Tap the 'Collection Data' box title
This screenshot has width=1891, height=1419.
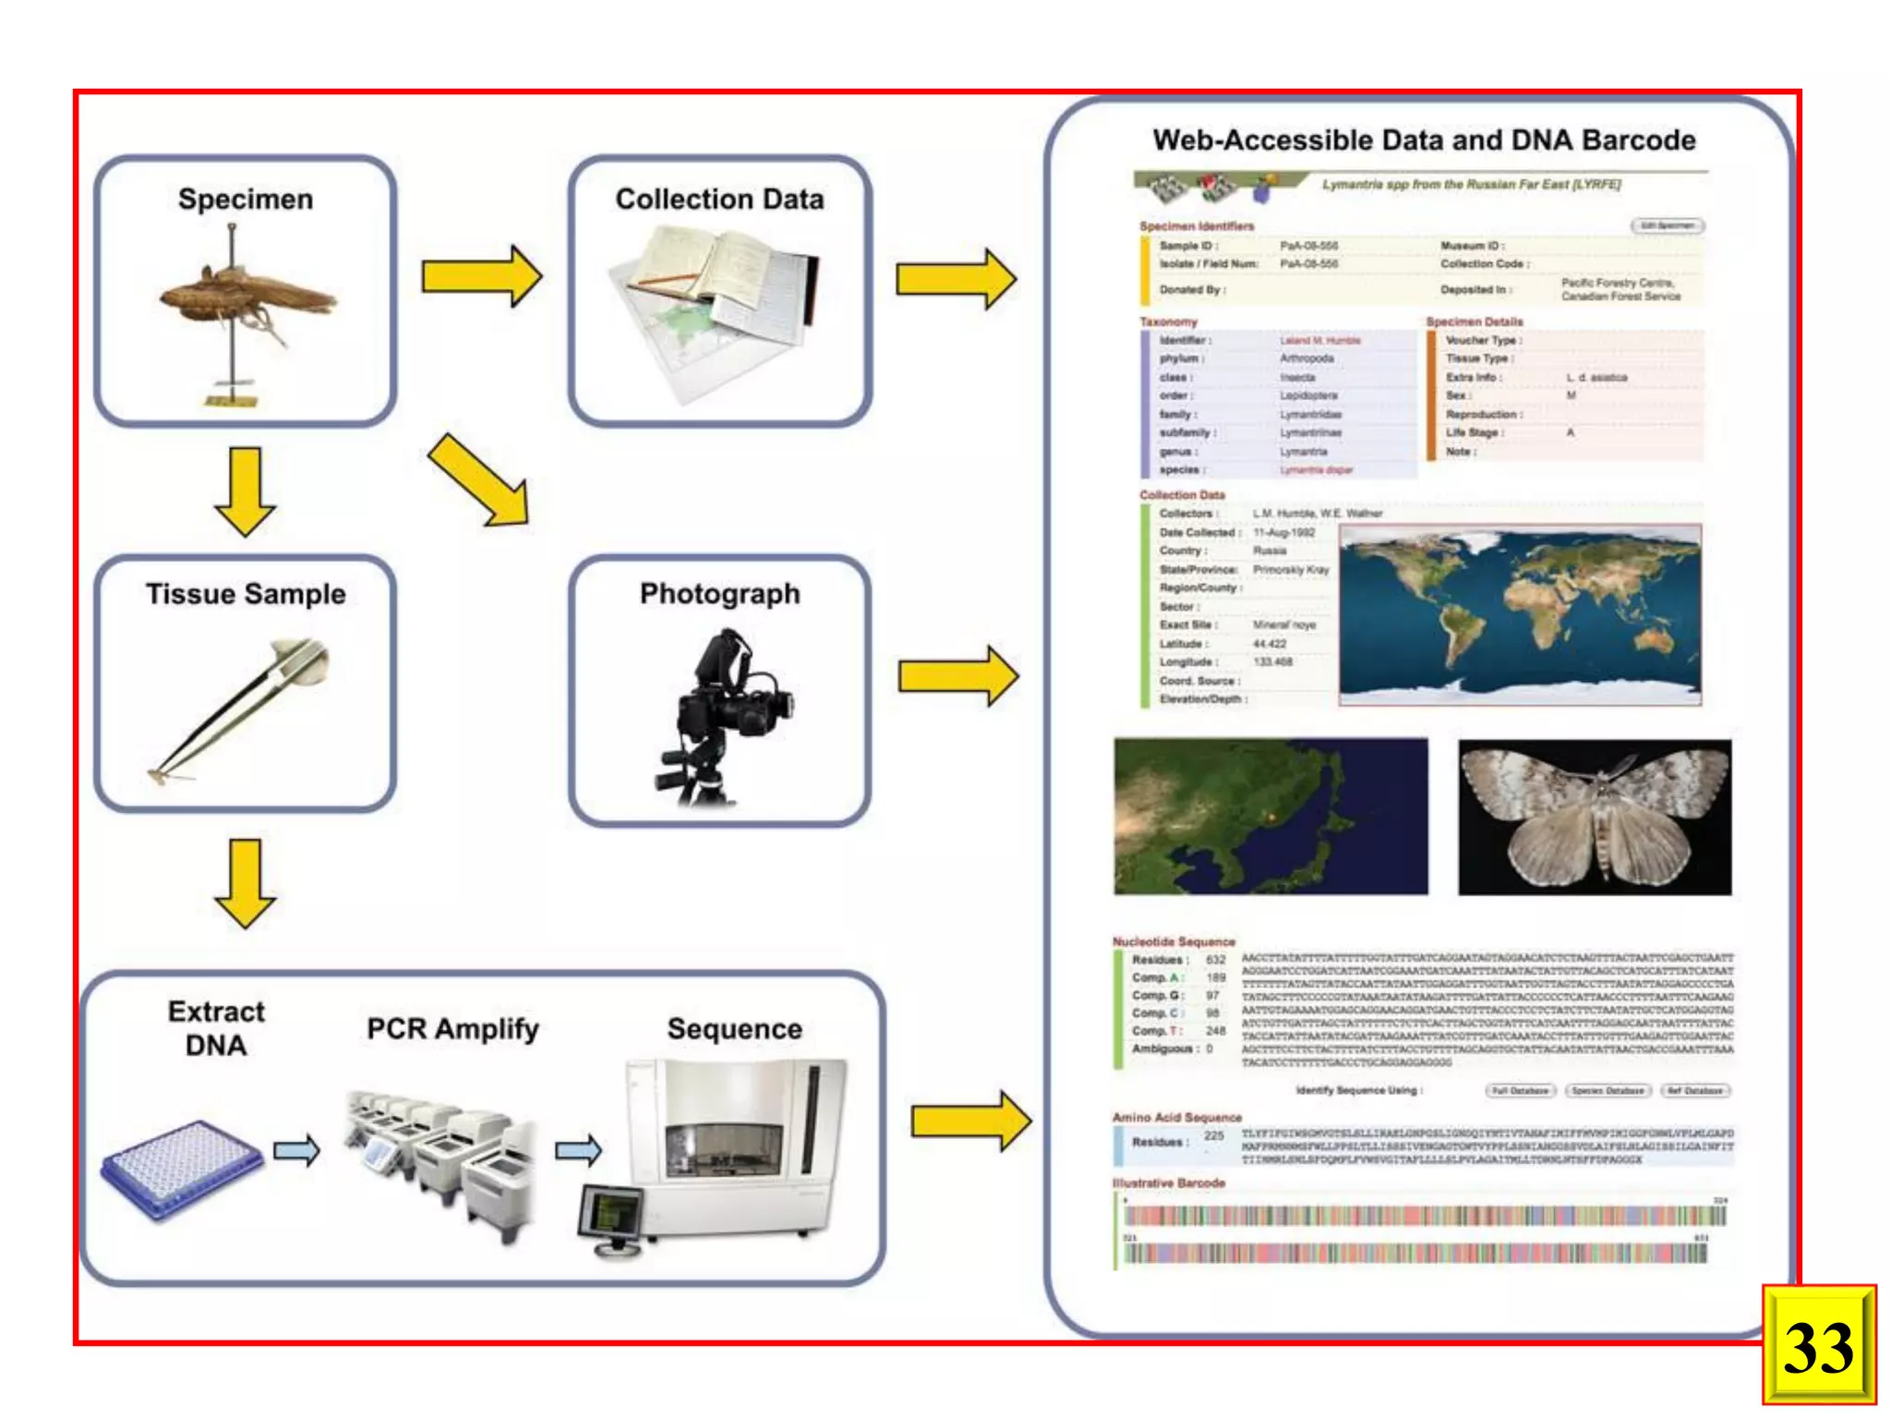719,200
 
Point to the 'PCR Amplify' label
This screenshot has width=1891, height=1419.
452,1029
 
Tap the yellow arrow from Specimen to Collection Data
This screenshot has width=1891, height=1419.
481,276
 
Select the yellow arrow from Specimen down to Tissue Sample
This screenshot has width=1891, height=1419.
245,491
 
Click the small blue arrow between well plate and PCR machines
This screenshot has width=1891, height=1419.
296,1150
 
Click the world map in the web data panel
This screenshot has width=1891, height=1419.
1520,615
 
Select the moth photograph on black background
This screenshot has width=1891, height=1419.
1595,817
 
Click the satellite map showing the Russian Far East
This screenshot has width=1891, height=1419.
1271,817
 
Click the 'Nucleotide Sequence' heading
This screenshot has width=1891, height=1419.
1174,941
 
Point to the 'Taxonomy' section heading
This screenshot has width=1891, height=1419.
1168,321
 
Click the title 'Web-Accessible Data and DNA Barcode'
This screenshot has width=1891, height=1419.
1424,140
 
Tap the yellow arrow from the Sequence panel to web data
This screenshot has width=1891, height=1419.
970,1121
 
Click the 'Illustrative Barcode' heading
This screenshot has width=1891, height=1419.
1168,1182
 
